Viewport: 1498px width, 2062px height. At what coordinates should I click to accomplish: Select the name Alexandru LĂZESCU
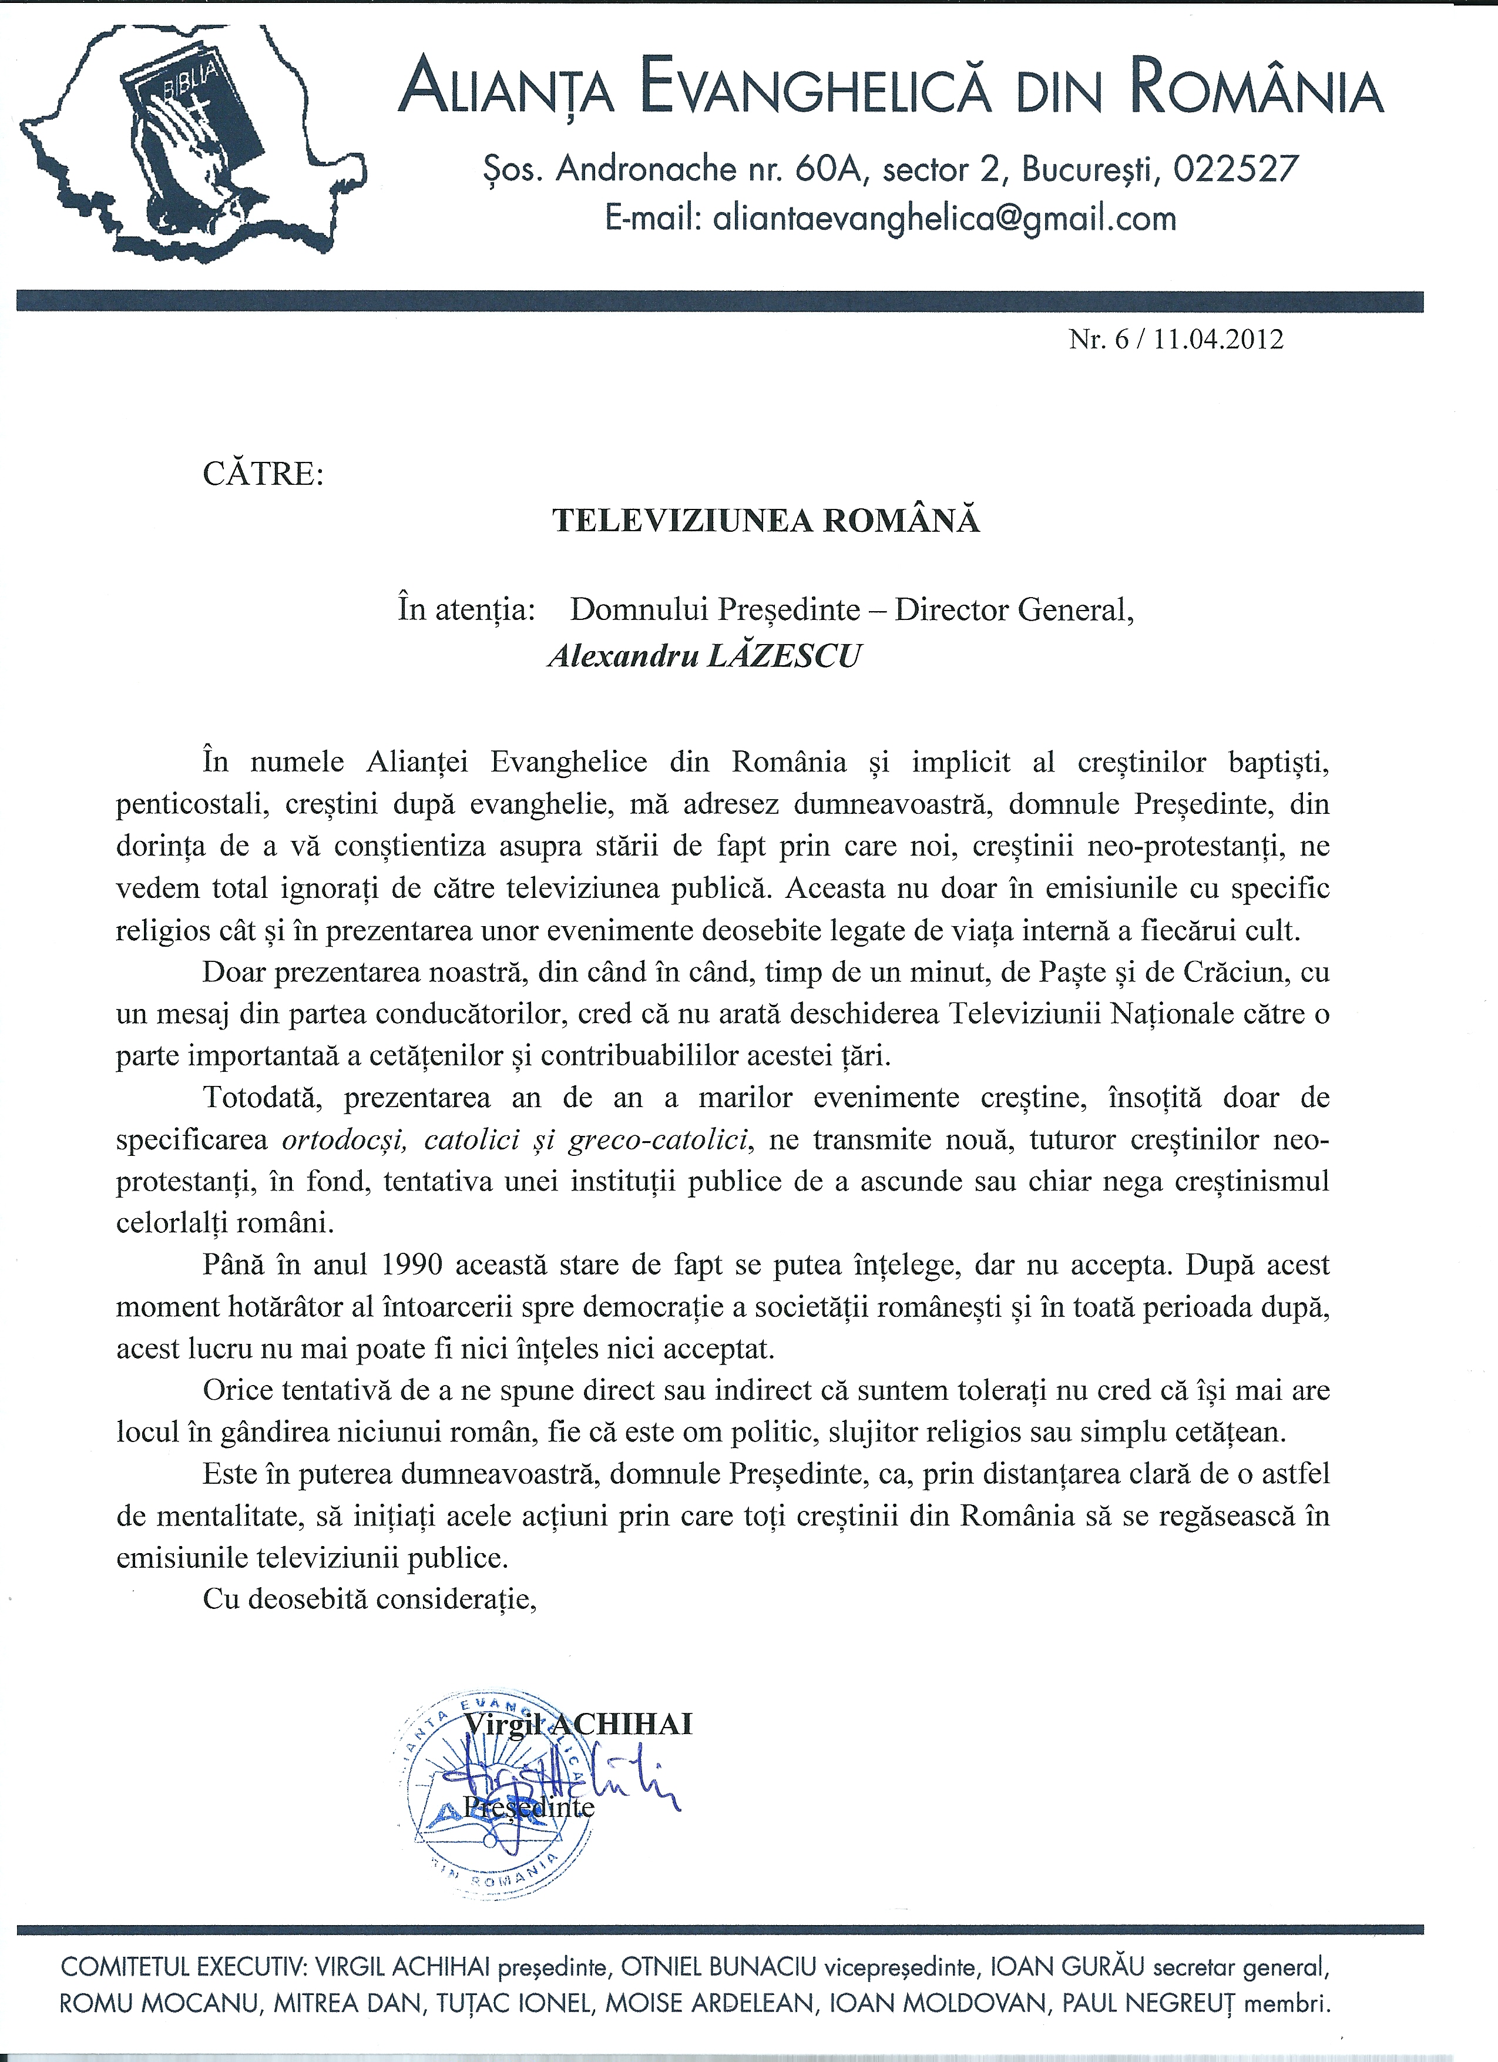click(704, 656)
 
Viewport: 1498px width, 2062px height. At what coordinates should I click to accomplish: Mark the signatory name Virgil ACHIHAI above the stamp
click(578, 1724)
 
